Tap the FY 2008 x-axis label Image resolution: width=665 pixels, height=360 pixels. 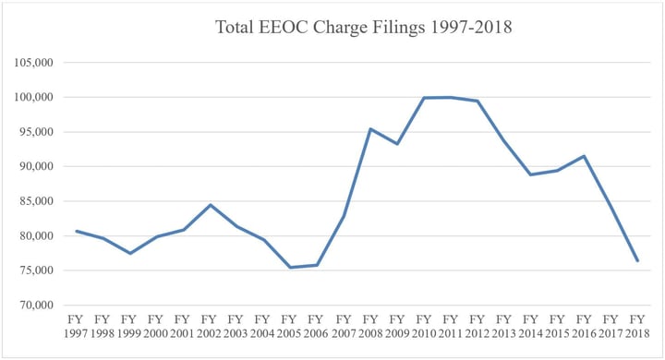(370, 325)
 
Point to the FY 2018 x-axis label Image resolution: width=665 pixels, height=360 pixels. (637, 325)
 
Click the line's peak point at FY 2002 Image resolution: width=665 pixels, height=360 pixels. (210, 205)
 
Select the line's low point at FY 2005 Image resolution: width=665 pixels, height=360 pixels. (290, 268)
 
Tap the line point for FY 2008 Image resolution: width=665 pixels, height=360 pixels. (370, 129)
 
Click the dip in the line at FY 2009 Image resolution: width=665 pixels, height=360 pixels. (397, 144)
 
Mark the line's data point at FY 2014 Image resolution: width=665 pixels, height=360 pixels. (531, 174)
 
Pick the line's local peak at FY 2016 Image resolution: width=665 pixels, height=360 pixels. (584, 156)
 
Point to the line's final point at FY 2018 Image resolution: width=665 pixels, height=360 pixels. (637, 261)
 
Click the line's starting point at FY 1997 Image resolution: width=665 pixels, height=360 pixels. (76, 231)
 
